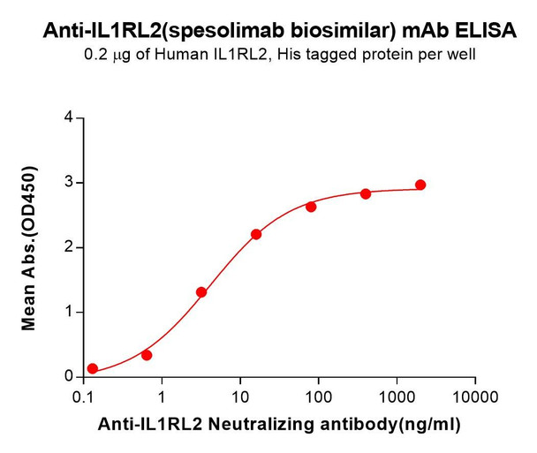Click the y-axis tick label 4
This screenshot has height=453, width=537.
point(68,117)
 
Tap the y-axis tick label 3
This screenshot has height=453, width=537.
point(68,183)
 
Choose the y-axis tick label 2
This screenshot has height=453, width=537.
point(68,247)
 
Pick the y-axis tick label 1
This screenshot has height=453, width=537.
point(68,313)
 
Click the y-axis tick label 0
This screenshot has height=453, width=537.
point(68,377)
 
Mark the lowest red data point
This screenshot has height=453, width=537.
point(93,368)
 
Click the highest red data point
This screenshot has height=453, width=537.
point(420,185)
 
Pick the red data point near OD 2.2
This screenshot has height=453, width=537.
point(256,234)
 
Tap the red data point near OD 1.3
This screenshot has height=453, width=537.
point(201,292)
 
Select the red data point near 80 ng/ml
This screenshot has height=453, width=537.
point(311,207)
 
